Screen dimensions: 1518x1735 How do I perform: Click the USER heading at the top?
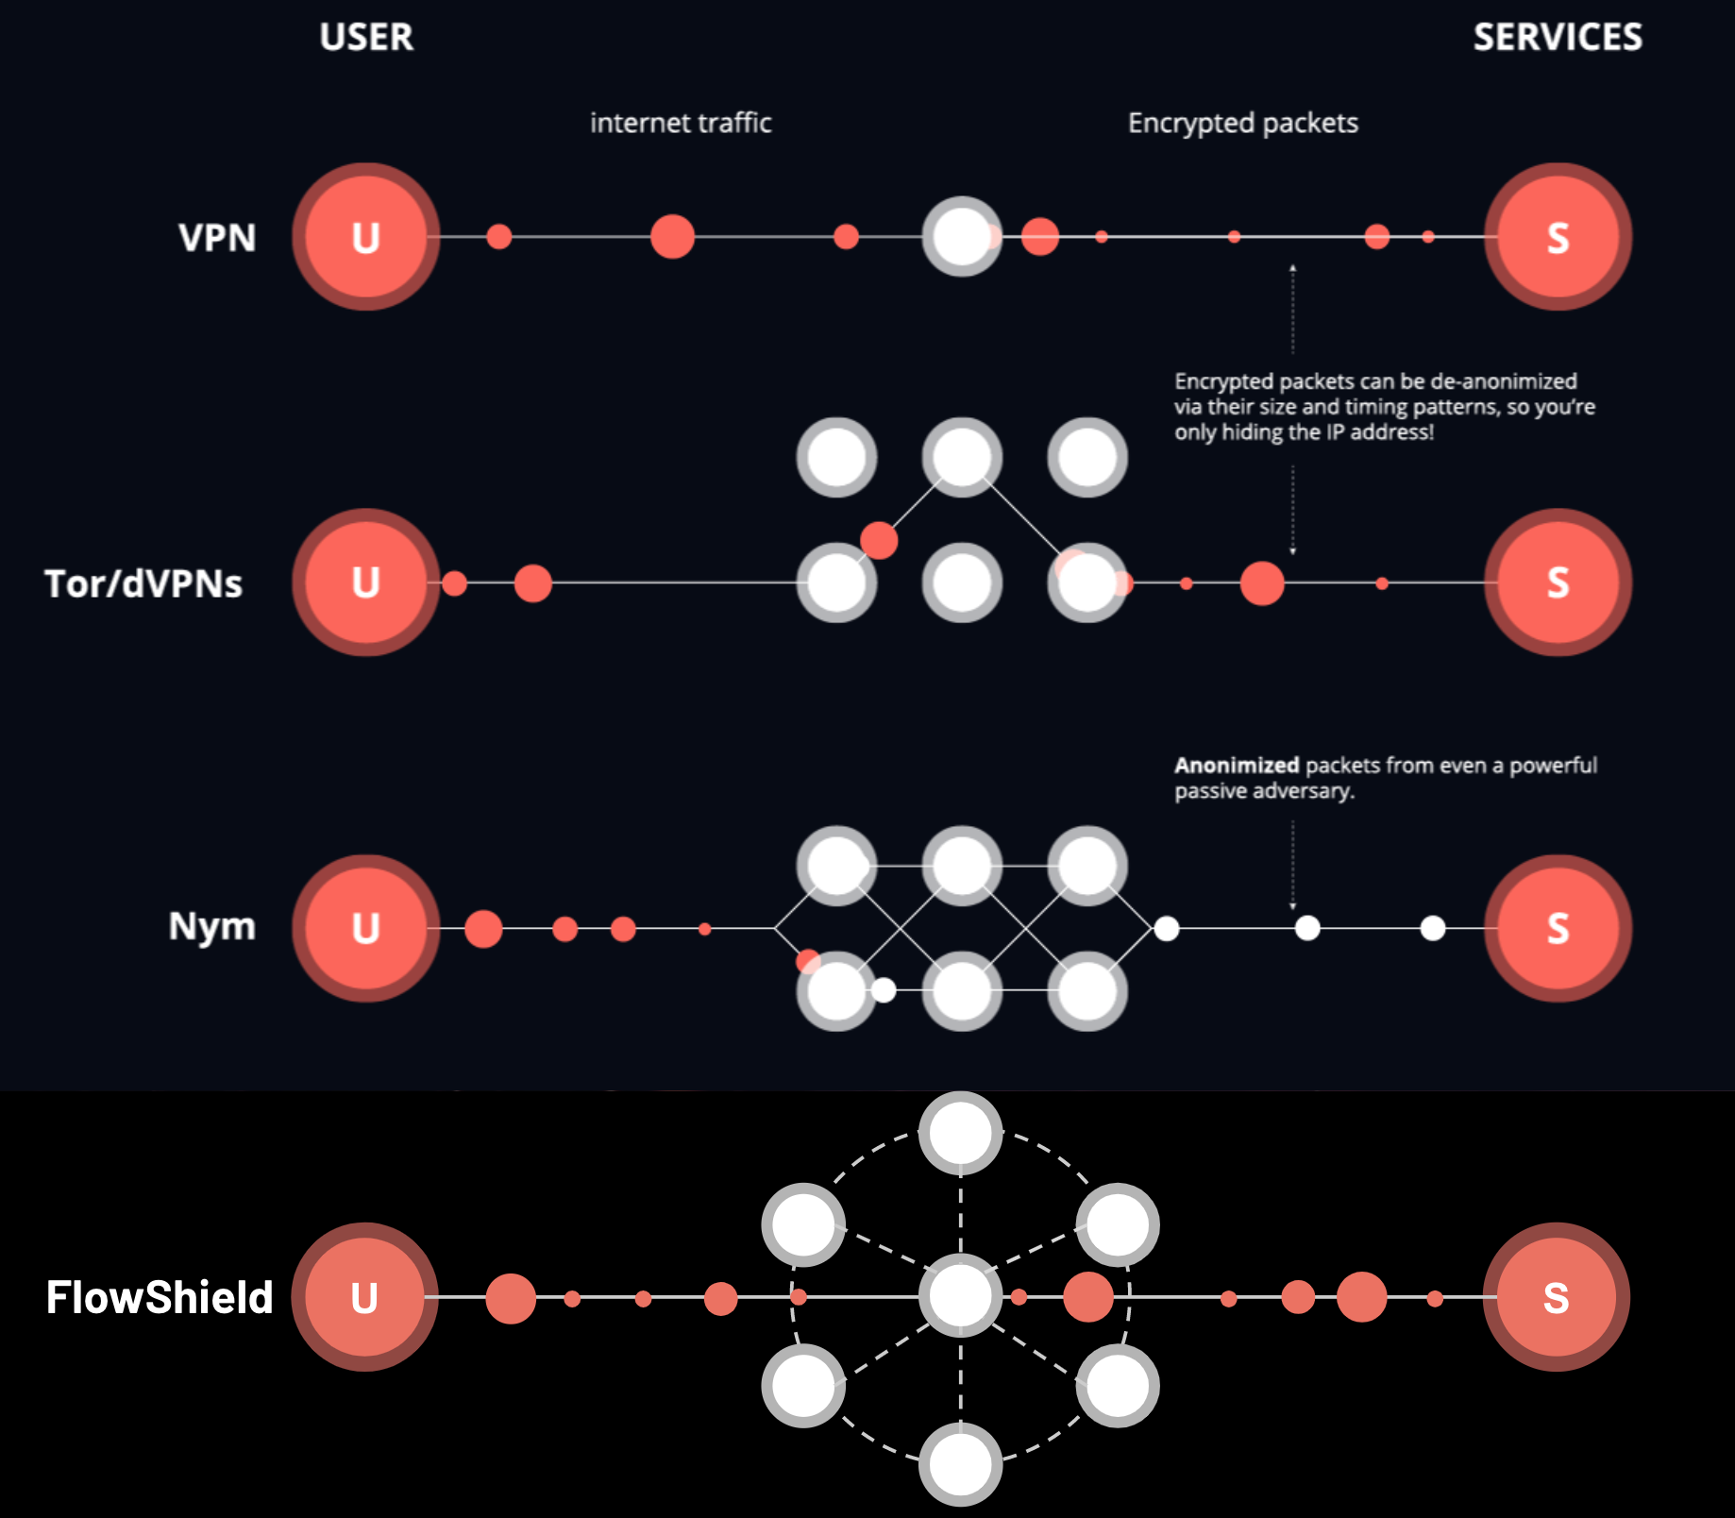coord(366,38)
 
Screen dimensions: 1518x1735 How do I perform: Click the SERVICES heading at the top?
coord(1558,38)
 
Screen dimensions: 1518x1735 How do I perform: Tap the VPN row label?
coord(217,238)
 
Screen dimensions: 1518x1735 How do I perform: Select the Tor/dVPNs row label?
coord(143,584)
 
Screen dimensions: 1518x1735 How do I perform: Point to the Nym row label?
coord(212,926)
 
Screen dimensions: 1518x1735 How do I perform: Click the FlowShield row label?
coord(160,1297)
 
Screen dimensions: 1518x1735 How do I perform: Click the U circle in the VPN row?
coord(365,237)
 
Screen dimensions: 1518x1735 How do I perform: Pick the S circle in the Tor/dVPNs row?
coord(1558,582)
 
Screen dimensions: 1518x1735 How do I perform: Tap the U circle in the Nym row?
coord(365,928)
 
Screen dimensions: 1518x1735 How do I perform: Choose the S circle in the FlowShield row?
coord(1556,1297)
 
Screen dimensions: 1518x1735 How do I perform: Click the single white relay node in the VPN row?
coord(961,237)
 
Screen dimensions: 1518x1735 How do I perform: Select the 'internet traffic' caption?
coord(681,123)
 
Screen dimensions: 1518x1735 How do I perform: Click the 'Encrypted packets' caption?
coord(1242,123)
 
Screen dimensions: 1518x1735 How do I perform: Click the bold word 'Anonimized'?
coord(1237,765)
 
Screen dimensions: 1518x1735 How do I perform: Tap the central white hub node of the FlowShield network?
coord(960,1296)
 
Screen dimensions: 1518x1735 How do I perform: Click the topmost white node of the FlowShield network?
coord(960,1133)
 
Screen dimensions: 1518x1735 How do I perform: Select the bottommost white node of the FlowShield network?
coord(960,1464)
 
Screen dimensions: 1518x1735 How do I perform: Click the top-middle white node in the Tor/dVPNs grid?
coord(961,457)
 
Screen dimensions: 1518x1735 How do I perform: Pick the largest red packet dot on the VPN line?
coord(672,236)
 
